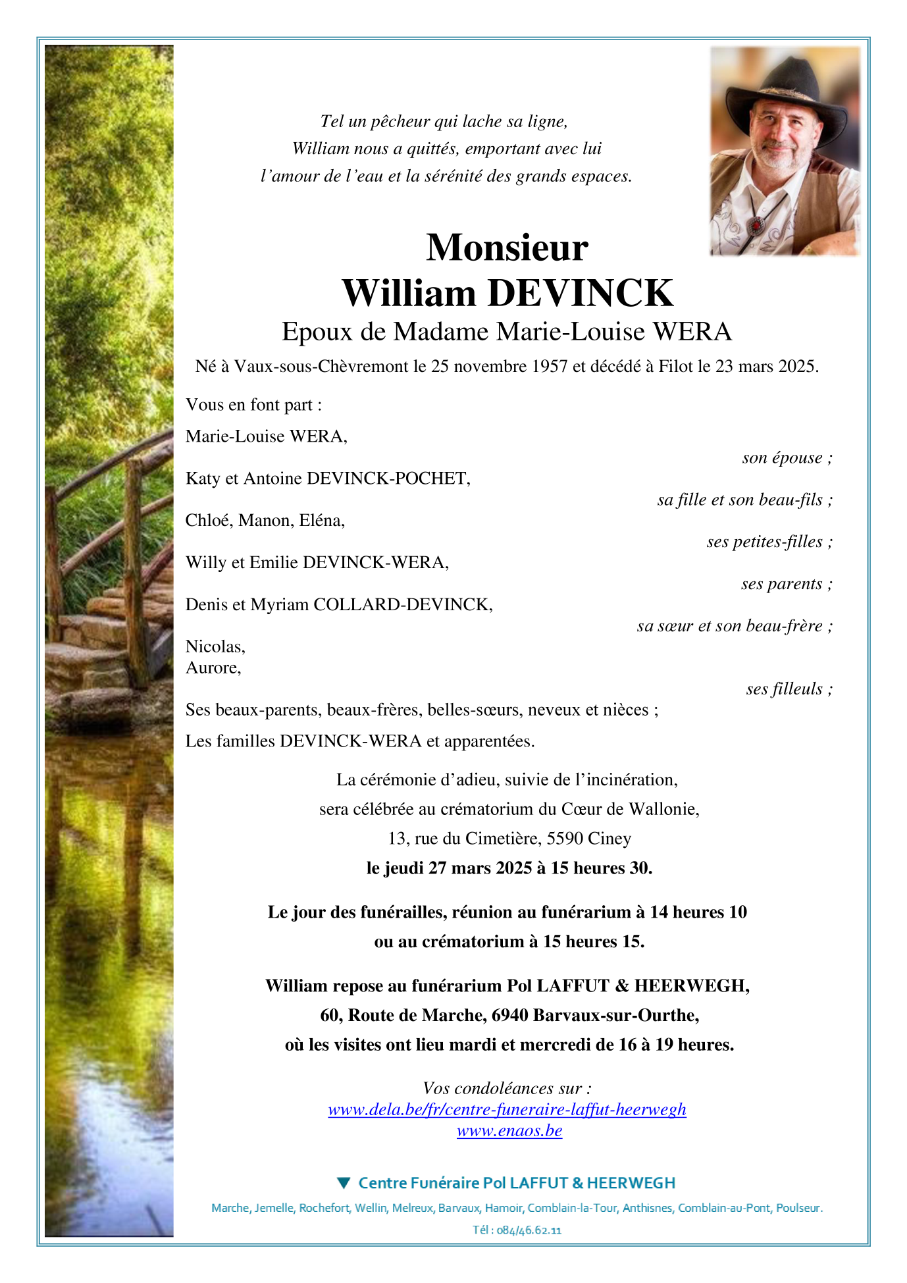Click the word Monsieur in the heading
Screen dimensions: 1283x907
click(507, 248)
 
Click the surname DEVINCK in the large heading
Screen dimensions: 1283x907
click(580, 293)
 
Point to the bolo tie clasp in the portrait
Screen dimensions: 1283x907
click(758, 225)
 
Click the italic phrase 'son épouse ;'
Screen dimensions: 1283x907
click(787, 458)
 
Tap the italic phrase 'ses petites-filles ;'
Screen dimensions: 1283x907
click(769, 542)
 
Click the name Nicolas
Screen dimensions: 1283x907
click(215, 646)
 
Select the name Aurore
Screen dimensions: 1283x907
click(213, 668)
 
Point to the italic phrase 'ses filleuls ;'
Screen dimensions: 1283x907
click(789, 689)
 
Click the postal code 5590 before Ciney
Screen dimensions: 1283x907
click(565, 839)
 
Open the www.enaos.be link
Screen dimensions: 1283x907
click(509, 1131)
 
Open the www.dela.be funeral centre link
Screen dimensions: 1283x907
click(507, 1110)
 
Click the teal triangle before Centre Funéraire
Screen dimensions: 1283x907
click(343, 1183)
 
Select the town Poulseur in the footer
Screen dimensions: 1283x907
click(798, 1208)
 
